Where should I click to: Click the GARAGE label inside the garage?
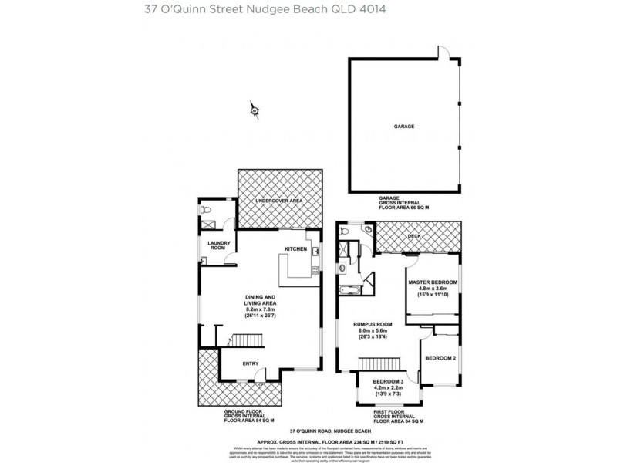click(x=405, y=125)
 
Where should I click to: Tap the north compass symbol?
click(x=254, y=111)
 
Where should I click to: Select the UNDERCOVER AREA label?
click(x=279, y=201)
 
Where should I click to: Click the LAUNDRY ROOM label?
click(x=217, y=245)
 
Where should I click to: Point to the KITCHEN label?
click(x=296, y=249)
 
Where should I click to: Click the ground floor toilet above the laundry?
click(x=204, y=209)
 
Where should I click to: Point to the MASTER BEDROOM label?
click(x=433, y=282)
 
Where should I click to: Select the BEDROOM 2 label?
click(x=440, y=358)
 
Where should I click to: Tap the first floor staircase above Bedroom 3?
click(x=378, y=363)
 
